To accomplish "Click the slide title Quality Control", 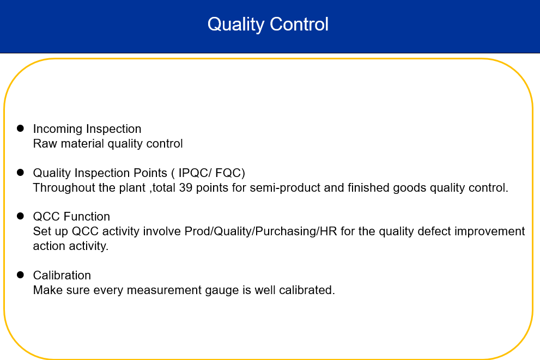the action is pos(268,25).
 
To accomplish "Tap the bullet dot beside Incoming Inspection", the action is pos(20,129).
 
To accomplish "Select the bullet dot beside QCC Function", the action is pos(20,216).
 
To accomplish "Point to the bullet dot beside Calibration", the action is pos(20,274).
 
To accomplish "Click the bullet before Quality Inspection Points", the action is pos(20,173).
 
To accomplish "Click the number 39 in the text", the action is pos(186,187).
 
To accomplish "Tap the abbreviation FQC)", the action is pos(230,173).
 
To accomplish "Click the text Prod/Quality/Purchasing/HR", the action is pos(260,231).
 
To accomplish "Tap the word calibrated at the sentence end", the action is pos(307,290).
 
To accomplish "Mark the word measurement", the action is pos(164,290).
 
